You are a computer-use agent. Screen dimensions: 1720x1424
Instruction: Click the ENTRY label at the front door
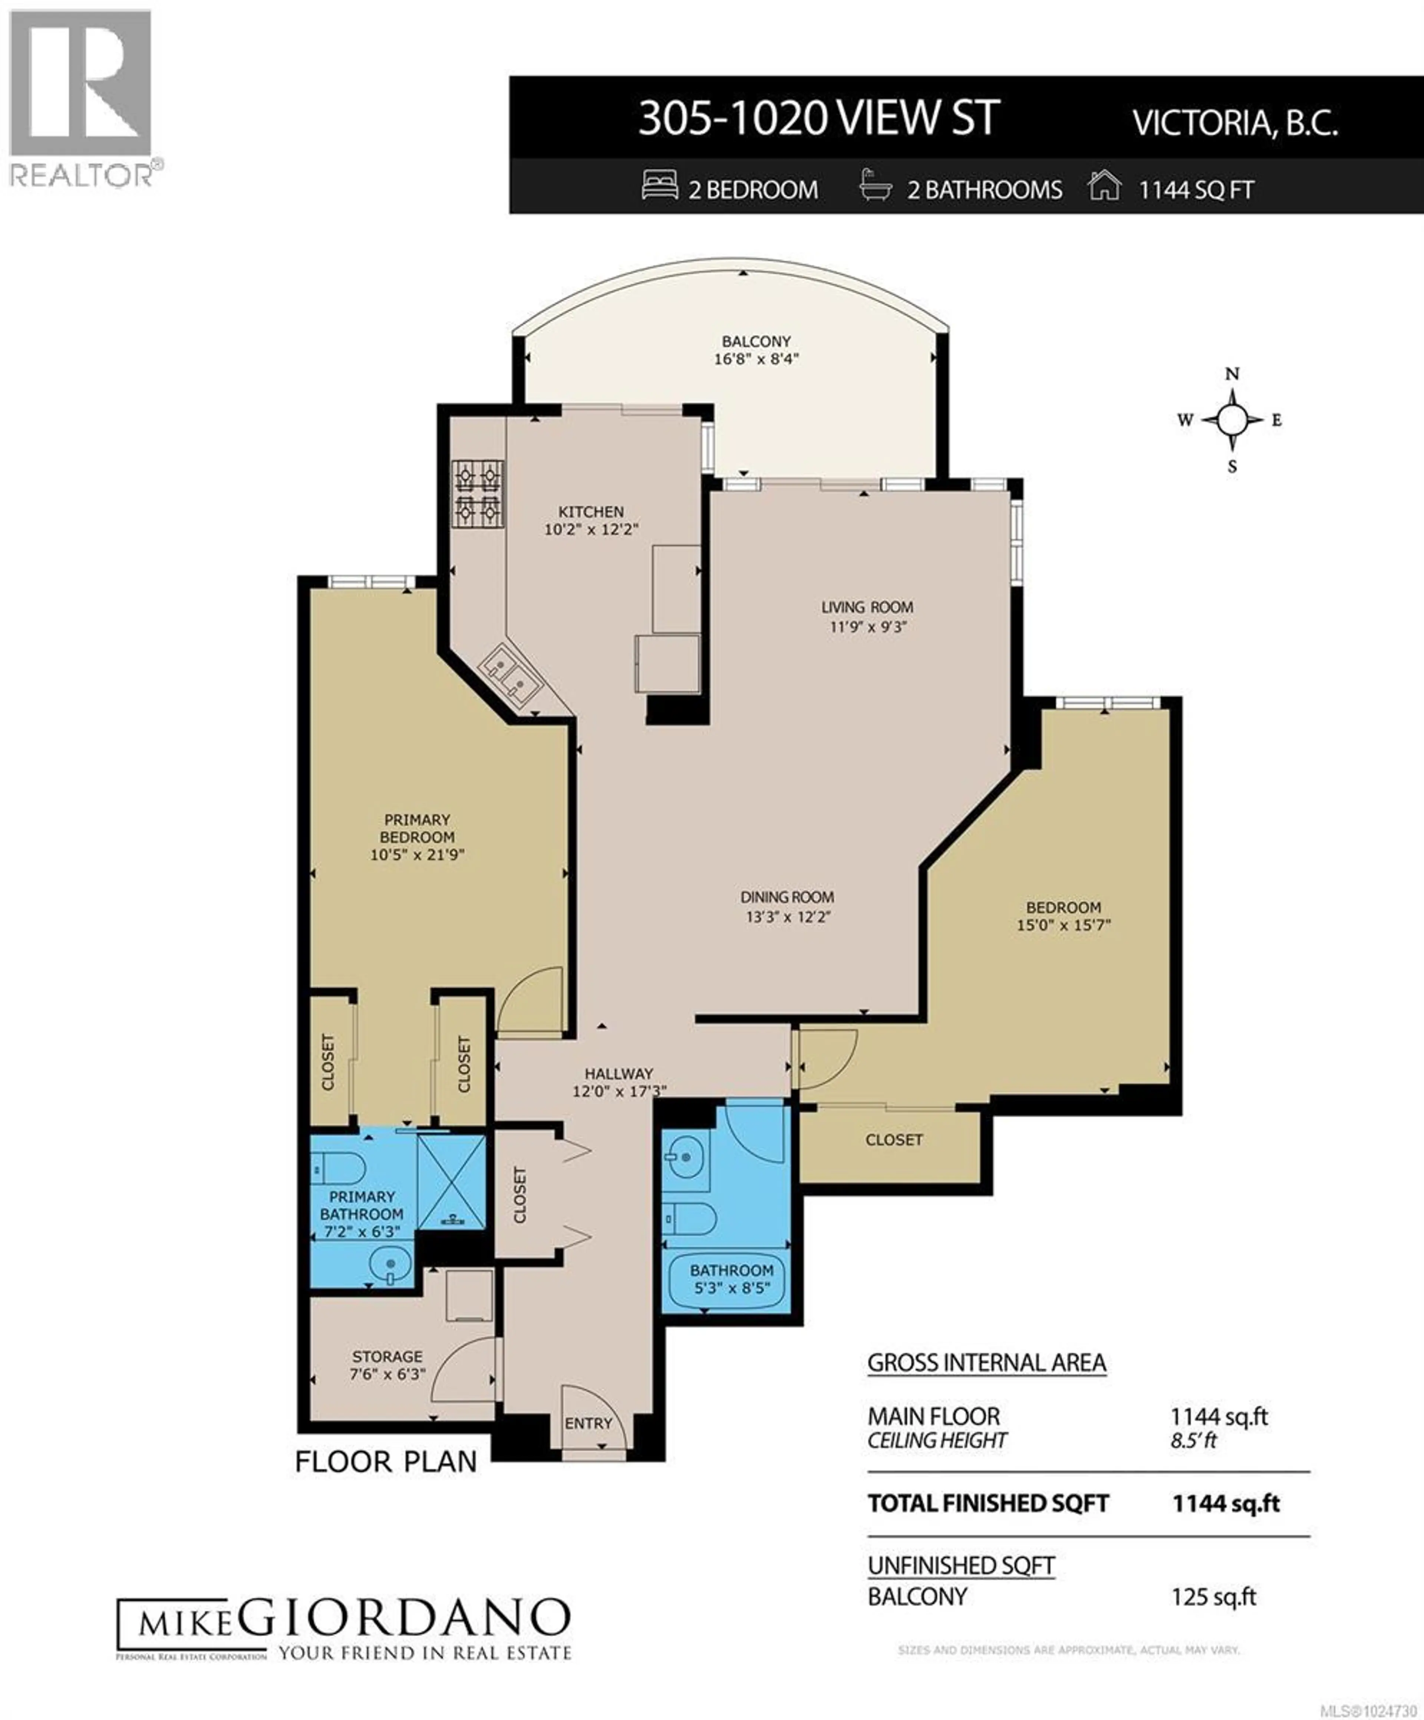[x=588, y=1424]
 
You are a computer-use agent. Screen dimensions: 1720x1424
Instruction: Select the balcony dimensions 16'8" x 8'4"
[x=756, y=359]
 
